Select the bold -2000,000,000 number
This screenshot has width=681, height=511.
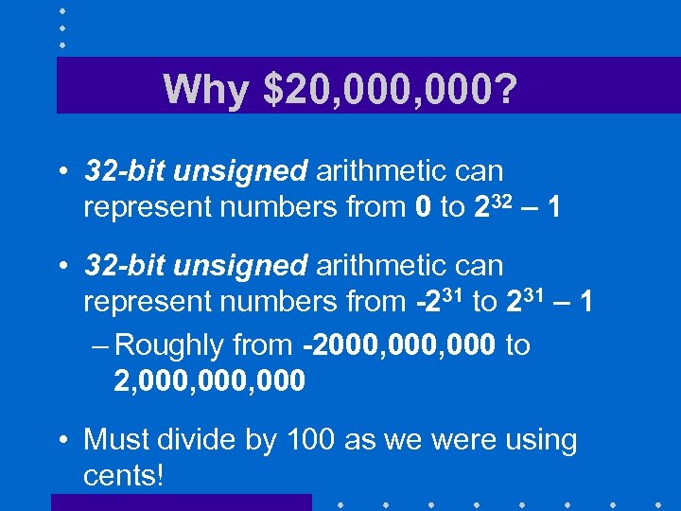(x=399, y=345)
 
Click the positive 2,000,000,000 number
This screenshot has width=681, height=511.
(x=209, y=380)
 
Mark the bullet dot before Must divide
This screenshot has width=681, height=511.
(x=62, y=440)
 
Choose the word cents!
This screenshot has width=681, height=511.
(x=124, y=474)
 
